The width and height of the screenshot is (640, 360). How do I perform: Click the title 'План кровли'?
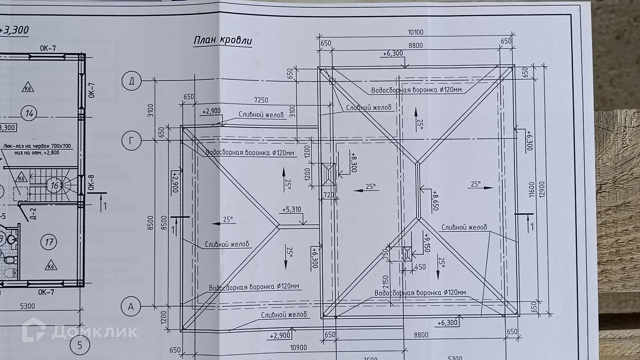click(223, 41)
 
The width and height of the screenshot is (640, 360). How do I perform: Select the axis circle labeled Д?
click(132, 81)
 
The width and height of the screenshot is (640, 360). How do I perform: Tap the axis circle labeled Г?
click(131, 141)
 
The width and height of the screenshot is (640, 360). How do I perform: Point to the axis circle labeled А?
click(131, 306)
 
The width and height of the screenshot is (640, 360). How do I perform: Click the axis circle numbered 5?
click(79, 345)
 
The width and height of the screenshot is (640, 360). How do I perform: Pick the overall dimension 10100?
click(415, 32)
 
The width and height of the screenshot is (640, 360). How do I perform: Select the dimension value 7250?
click(261, 100)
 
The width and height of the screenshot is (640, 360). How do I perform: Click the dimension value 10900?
click(298, 348)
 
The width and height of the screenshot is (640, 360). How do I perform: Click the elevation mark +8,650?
click(435, 200)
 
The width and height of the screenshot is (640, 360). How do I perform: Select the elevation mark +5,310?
click(291, 210)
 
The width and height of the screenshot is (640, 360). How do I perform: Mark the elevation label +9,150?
click(427, 243)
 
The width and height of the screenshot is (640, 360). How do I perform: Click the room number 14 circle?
click(29, 114)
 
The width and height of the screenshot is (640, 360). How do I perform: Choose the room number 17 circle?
click(49, 242)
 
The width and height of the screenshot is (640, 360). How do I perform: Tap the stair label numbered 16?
click(55, 185)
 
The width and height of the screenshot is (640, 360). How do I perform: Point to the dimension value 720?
click(329, 195)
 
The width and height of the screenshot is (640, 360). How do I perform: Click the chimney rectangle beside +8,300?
click(329, 174)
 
